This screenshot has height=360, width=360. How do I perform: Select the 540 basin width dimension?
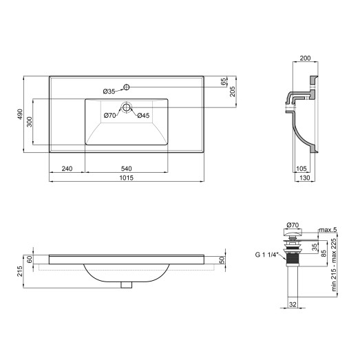[127, 167]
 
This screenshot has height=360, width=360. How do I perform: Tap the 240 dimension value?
[67, 167]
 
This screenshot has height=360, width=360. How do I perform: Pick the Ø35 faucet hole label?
[109, 91]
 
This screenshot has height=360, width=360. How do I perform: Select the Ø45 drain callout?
[143, 115]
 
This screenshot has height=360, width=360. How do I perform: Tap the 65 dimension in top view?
[224, 81]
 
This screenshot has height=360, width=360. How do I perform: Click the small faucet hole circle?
[127, 87]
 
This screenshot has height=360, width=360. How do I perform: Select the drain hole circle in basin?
[127, 107]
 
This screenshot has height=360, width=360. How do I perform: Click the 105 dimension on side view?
[300, 168]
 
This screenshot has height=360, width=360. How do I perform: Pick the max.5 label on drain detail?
[328, 229]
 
